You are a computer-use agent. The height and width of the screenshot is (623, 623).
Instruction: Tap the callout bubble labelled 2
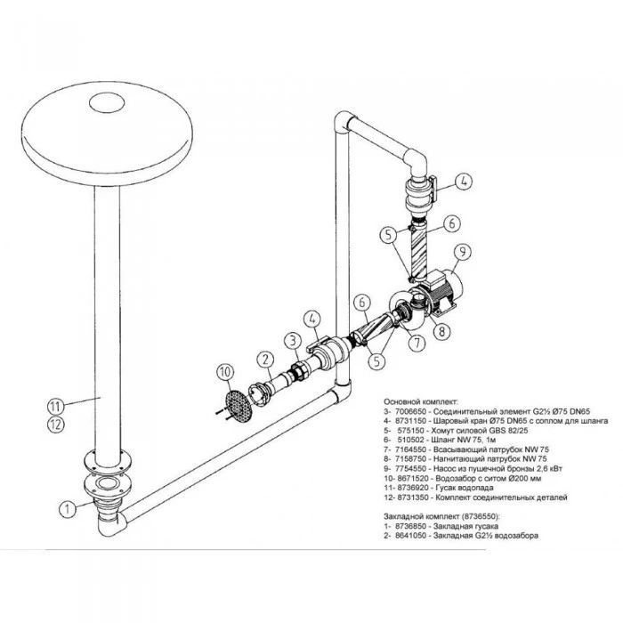tap(265, 359)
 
